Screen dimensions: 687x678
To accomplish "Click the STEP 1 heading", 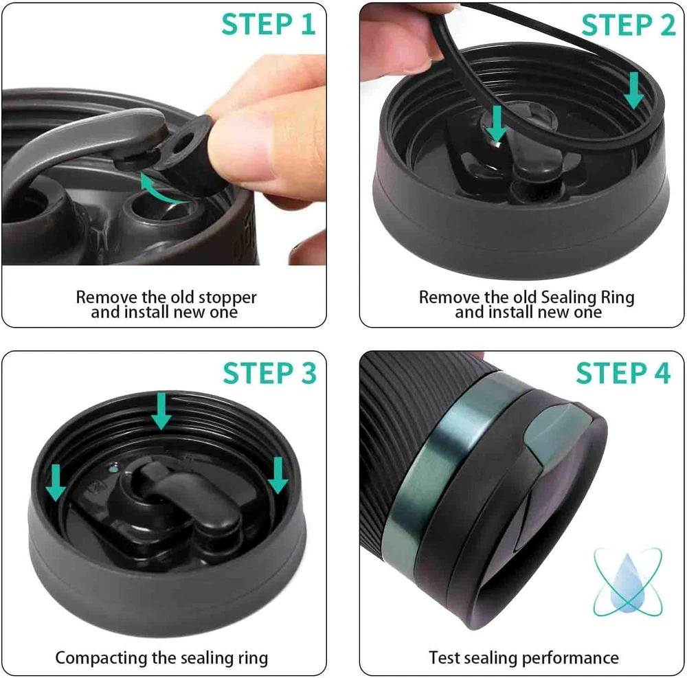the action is point(268,24).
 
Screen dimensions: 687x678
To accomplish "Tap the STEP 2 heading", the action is point(629,25).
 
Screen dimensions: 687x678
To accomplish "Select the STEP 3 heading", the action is point(269,373).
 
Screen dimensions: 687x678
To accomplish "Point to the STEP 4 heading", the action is point(623,373).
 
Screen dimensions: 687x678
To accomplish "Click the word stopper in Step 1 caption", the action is point(227,297).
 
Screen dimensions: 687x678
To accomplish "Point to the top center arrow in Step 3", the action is point(161,411).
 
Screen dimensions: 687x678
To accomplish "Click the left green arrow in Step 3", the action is point(56,483).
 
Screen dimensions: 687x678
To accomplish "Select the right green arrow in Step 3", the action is point(278,475).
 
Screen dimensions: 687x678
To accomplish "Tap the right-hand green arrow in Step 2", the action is point(633,91).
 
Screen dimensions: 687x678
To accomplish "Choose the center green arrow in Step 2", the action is point(497,124).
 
